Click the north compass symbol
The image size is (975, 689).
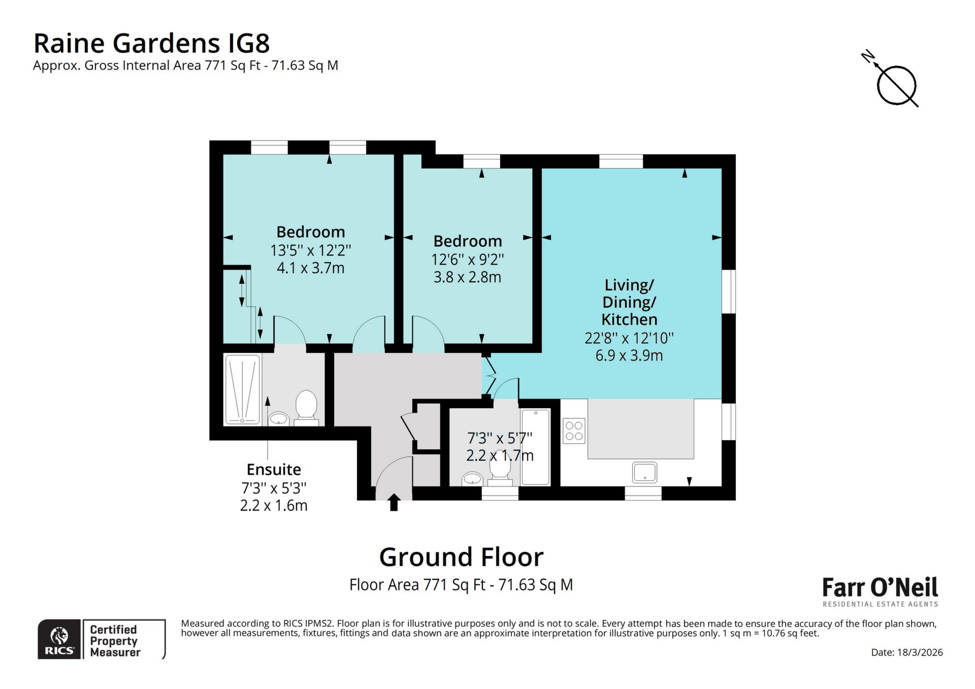coord(896,84)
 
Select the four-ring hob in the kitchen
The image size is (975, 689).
coord(574,431)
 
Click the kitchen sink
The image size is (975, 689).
coord(645,472)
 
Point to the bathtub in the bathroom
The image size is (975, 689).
coord(535,447)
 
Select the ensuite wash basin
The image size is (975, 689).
coord(278,418)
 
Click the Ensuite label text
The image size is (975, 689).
coord(274,469)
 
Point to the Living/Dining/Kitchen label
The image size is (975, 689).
coord(629,302)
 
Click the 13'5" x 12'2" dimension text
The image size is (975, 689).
coord(311,250)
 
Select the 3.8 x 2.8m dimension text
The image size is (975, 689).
coord(467,277)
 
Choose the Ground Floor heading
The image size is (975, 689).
coord(461,557)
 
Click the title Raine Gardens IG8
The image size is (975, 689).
coord(151,43)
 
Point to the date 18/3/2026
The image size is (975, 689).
coord(907,652)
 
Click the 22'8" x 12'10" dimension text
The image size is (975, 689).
coord(629,338)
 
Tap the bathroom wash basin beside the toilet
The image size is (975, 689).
coord(473,478)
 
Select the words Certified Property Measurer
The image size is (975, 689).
coord(115,641)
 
